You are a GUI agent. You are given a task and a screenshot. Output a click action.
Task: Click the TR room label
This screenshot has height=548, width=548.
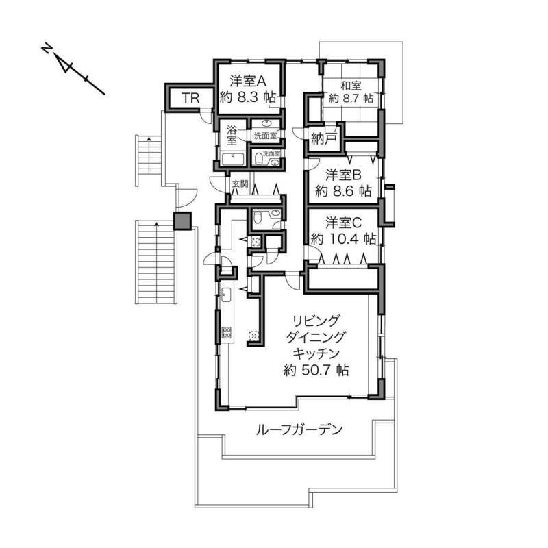[190, 98]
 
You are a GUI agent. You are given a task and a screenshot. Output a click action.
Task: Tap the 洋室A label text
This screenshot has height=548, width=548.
[248, 81]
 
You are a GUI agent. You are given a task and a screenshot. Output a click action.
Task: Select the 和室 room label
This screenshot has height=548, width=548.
[351, 85]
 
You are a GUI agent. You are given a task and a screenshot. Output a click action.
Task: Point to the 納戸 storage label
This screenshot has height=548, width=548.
[324, 139]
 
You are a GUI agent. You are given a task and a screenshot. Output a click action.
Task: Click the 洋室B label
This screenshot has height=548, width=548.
[343, 175]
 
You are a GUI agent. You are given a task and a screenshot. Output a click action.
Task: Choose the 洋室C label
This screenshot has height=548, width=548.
[344, 223]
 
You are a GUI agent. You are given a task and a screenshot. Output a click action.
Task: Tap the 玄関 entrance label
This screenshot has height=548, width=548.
[240, 183]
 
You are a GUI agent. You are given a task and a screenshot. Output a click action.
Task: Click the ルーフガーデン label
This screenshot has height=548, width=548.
[299, 429]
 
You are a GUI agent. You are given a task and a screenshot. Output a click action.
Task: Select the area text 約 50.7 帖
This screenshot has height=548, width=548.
[316, 370]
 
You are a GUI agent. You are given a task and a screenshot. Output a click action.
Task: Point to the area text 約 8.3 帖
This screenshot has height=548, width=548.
[248, 97]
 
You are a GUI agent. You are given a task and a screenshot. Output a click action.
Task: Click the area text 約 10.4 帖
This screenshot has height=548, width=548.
[344, 239]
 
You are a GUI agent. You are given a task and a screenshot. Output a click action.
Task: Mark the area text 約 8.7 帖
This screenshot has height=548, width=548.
[351, 98]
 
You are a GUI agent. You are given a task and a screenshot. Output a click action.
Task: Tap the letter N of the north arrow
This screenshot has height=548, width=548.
[46, 48]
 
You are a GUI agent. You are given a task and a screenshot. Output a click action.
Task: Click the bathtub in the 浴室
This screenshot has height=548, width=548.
[234, 160]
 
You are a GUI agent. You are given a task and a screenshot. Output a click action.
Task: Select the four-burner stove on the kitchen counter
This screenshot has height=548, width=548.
[226, 332]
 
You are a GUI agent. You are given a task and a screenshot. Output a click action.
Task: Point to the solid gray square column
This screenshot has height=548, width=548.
[183, 221]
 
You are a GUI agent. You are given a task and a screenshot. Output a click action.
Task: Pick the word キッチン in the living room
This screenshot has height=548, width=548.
[316, 353]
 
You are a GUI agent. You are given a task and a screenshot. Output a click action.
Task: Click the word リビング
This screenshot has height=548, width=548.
[316, 320]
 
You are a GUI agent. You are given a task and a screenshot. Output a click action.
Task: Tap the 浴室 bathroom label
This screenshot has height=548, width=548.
[232, 135]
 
